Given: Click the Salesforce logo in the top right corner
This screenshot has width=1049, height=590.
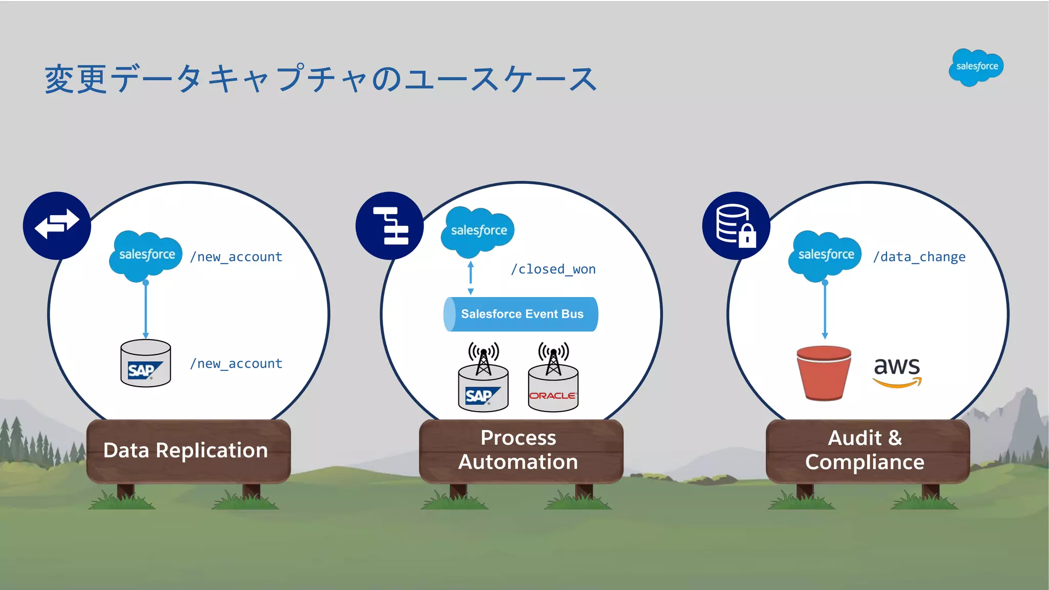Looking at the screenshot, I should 976,67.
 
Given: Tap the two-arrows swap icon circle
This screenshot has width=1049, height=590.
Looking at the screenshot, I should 57,225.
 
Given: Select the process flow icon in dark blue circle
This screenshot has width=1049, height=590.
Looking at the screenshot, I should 390,225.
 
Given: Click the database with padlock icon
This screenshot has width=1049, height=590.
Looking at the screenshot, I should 736,225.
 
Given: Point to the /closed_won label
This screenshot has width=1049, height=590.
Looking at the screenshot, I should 553,269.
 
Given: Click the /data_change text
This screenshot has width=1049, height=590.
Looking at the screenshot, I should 919,257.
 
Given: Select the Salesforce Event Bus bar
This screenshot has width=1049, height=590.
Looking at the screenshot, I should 521,314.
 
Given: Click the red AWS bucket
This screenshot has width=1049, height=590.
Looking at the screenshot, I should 824,373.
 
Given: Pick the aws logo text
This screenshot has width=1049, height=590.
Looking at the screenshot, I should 897,372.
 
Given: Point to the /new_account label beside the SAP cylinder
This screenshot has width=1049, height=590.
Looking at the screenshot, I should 236,364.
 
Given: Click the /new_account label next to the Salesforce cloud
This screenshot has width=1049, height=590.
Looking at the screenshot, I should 236,257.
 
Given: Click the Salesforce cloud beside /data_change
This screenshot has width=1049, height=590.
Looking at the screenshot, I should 825,255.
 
